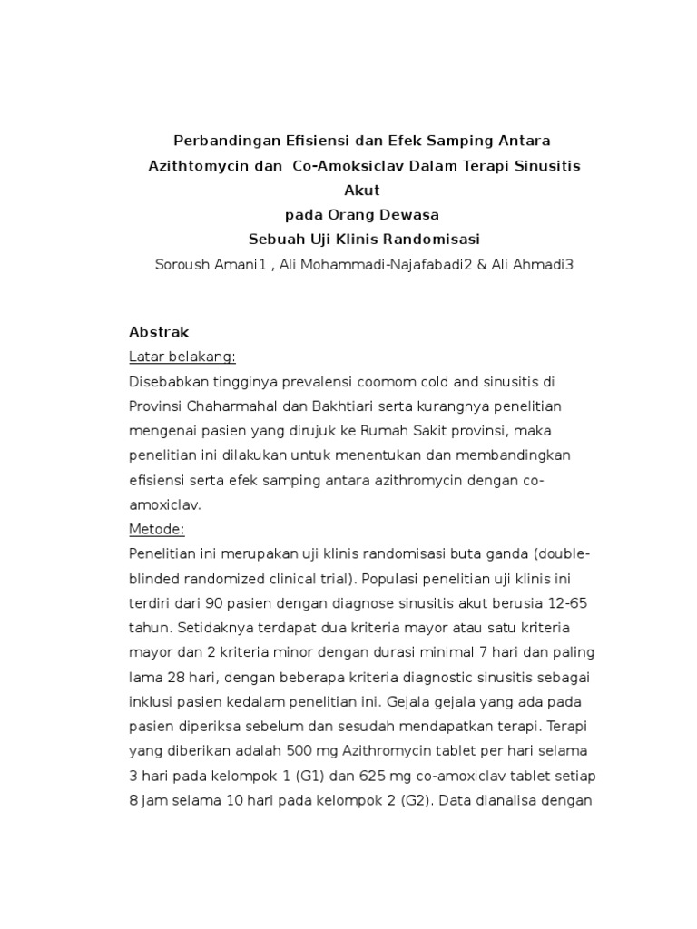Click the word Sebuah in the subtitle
click(x=276, y=240)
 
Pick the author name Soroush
click(x=185, y=264)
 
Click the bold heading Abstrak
click(x=159, y=332)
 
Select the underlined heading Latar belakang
click(x=182, y=357)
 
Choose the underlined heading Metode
click(x=157, y=529)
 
